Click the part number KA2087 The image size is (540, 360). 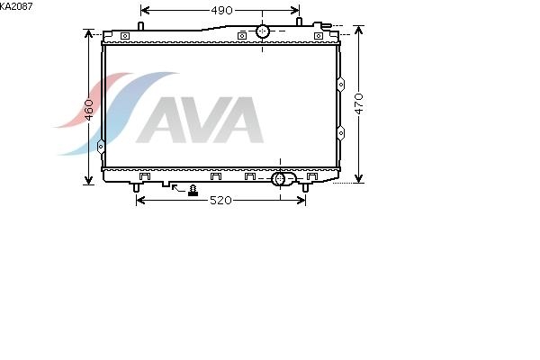coord(16,6)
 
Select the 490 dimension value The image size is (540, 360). coord(221,11)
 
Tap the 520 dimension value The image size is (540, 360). coord(220,200)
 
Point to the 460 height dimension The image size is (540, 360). coord(89,110)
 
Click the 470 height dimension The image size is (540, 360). coord(359,103)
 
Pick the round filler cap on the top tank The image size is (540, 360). coord(263,31)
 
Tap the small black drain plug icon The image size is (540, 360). coord(193,191)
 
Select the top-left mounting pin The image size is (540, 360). coord(140,26)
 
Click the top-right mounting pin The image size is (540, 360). coord(299,22)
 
